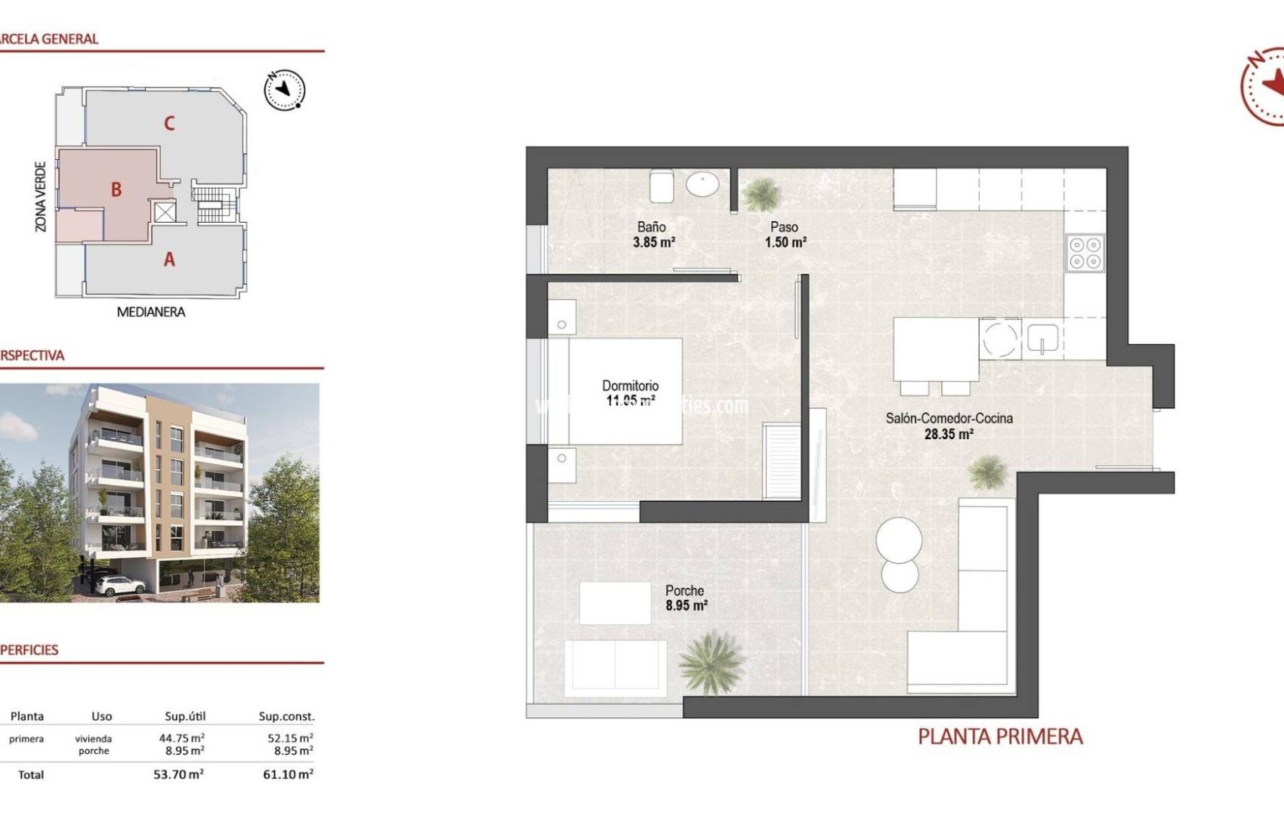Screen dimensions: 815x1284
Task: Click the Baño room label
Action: click(651, 227)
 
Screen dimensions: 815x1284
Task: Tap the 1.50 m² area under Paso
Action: click(786, 243)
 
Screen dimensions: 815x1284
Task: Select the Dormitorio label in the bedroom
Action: click(630, 386)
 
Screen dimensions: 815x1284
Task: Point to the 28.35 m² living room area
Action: click(949, 435)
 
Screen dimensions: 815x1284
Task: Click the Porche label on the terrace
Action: click(684, 591)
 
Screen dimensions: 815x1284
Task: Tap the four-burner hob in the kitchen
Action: click(1085, 253)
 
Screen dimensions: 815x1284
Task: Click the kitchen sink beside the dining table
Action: click(1042, 338)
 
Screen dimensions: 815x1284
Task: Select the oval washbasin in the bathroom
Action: click(702, 183)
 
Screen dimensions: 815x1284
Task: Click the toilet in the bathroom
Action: click(661, 186)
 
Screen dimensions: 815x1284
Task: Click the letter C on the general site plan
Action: click(169, 123)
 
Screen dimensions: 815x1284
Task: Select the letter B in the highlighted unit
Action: click(116, 189)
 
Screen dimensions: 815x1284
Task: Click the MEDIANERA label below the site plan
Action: click(150, 312)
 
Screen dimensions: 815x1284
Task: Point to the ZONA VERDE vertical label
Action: click(41, 196)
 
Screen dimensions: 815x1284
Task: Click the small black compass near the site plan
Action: click(284, 91)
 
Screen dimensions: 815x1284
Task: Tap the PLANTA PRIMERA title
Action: click(1000, 737)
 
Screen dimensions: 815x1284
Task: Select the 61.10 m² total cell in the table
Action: click(288, 774)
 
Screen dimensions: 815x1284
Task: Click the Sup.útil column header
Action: click(185, 716)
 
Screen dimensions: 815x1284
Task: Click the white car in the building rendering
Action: click(121, 585)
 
